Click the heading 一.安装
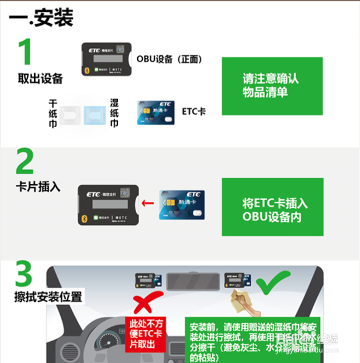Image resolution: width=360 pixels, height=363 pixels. pos(41,18)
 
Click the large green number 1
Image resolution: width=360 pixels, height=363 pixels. pos(24,52)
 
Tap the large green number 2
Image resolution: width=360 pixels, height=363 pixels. pos(25,162)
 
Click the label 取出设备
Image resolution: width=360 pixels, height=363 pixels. pos(40,79)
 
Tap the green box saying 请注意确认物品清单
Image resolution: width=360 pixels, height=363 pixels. pos(271,86)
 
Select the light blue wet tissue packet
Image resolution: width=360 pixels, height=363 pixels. pos(94,114)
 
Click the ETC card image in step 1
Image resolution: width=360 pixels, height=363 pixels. pos(156,112)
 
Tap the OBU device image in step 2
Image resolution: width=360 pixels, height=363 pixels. pos(108,204)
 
